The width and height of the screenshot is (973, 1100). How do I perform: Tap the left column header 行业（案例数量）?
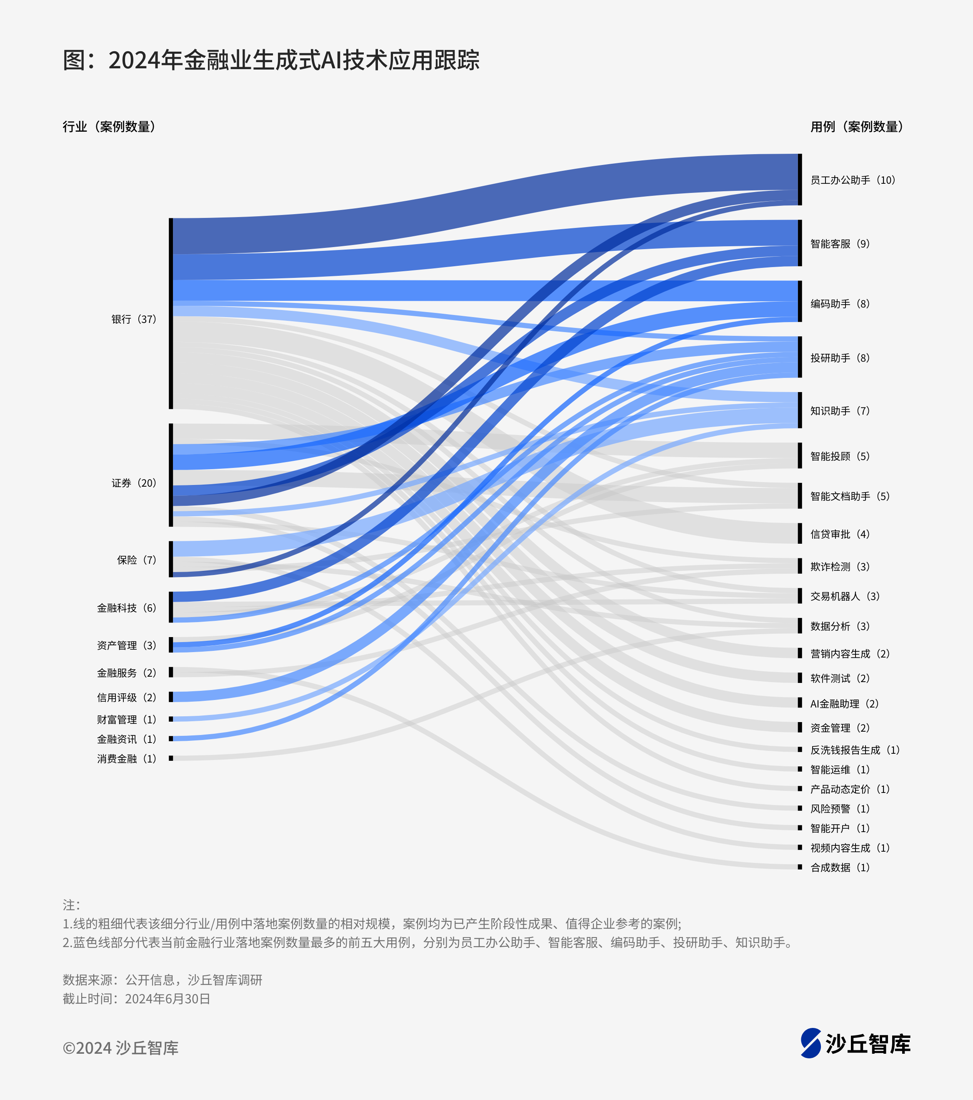pyautogui.click(x=109, y=127)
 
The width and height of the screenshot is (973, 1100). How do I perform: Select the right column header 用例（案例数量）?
pyautogui.click(x=857, y=127)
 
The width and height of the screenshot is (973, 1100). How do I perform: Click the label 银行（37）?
pyautogui.click(x=133, y=319)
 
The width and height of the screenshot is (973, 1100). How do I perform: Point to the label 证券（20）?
pyautogui.click(x=133, y=483)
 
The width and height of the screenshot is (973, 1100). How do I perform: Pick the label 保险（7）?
pyautogui.click(x=137, y=560)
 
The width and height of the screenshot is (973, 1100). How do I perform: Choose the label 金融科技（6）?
pyautogui.click(x=126, y=607)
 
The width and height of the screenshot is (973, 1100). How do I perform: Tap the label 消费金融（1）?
pyautogui.click(x=126, y=758)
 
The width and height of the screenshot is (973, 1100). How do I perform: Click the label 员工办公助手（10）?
pyautogui.click(x=853, y=180)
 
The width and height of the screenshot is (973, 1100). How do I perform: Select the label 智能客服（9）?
pyautogui.click(x=840, y=244)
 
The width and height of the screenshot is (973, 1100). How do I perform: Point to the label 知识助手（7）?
pyautogui.click(x=840, y=410)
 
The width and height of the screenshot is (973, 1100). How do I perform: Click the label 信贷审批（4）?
pyautogui.click(x=840, y=534)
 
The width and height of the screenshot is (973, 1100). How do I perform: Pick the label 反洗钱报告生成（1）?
pyautogui.click(x=855, y=750)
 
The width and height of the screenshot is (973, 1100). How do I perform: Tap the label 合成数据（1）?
pyautogui.click(x=840, y=867)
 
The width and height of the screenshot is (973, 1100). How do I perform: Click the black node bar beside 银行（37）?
pyautogui.click(x=171, y=313)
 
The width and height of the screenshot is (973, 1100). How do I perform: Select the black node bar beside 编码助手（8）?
pyautogui.click(x=800, y=301)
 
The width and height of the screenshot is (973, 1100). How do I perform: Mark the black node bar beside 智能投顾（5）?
pyautogui.click(x=800, y=455)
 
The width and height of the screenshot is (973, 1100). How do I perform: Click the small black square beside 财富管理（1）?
pyautogui.click(x=171, y=719)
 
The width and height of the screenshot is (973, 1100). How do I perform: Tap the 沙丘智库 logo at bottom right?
pyautogui.click(x=855, y=1043)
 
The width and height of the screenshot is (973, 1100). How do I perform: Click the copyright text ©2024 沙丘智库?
pyautogui.click(x=120, y=1048)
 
